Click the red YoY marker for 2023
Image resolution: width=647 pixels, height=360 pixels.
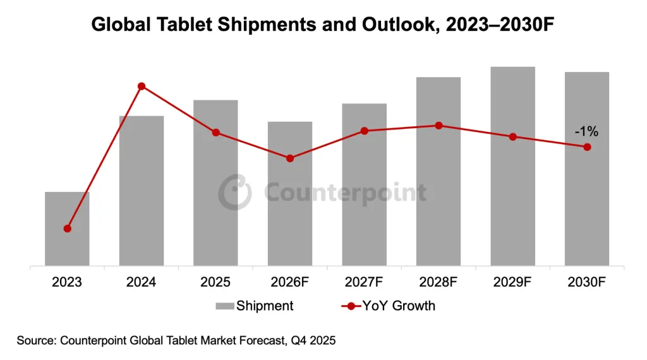pos(68,229)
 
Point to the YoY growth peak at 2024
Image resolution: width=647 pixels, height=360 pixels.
pos(142,86)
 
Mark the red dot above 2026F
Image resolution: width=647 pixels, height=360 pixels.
pos(290,159)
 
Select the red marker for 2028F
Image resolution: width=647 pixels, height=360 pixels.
pos(438,126)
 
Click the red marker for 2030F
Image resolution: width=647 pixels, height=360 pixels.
pos(587,147)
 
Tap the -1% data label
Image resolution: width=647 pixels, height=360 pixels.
pos(586,132)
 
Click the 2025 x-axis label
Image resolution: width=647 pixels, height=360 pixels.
pos(215,282)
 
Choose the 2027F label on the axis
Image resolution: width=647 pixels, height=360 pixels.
pos(364,282)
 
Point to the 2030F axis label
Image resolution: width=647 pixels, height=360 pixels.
pos(587,282)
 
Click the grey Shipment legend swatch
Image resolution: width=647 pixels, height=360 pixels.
pos(224,306)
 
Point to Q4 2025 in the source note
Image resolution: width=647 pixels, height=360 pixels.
pos(313,341)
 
